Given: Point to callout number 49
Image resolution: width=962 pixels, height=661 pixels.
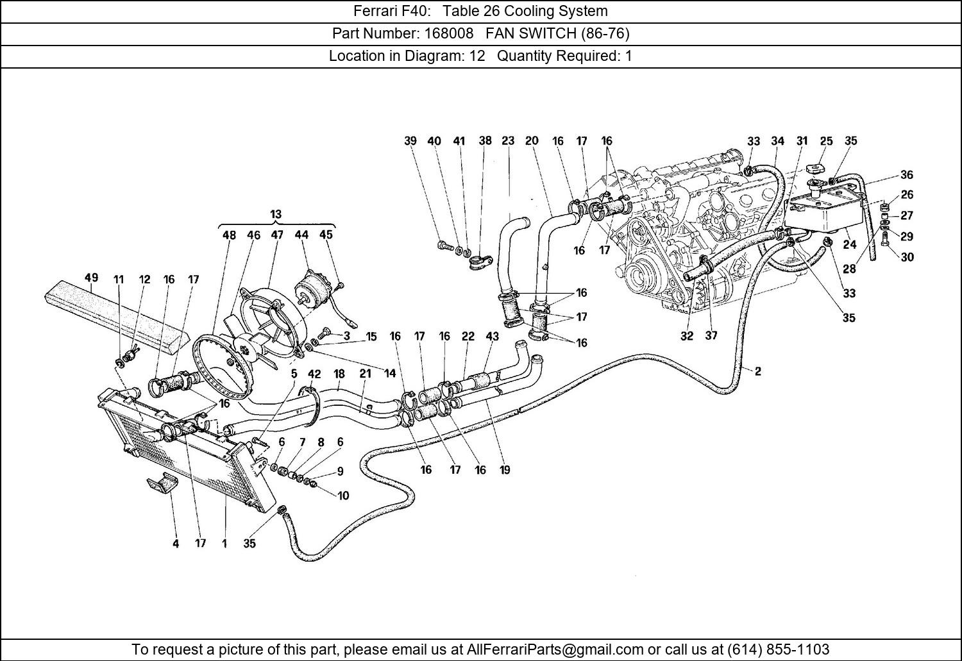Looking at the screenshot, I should [x=91, y=278].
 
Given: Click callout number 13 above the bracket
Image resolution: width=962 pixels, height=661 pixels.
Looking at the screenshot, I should [x=276, y=214].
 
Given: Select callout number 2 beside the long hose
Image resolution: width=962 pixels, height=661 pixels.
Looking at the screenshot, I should [x=757, y=371].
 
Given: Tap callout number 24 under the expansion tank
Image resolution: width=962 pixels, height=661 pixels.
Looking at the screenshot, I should [x=850, y=244].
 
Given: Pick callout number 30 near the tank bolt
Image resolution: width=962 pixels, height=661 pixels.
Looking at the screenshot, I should [x=907, y=257].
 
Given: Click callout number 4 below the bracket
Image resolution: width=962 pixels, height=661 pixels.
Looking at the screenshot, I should [x=176, y=544].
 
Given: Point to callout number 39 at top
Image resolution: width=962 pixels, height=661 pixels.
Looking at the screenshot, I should [x=410, y=141].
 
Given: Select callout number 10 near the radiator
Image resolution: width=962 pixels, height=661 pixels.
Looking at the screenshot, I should [x=343, y=496].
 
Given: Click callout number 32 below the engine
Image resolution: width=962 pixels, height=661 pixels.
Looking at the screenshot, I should [x=687, y=335].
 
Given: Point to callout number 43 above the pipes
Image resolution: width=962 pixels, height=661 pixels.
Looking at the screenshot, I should [x=492, y=337].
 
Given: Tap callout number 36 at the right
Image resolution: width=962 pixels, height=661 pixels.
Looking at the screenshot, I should [x=907, y=175].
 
